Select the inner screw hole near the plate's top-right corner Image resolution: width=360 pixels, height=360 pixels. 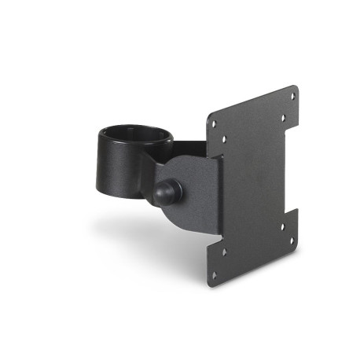pyautogui.click(x=283, y=116)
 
